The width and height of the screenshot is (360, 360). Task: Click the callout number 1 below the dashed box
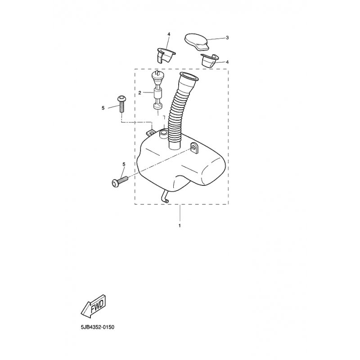click(x=180, y=225)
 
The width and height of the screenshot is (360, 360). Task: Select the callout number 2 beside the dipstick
click(x=139, y=93)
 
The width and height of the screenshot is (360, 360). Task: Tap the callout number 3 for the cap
click(x=227, y=38)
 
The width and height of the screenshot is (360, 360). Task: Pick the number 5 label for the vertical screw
click(x=103, y=108)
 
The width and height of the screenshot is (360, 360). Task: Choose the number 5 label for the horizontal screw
click(x=124, y=164)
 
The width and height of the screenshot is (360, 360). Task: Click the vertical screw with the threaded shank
click(x=121, y=104)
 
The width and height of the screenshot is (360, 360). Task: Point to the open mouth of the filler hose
click(x=189, y=76)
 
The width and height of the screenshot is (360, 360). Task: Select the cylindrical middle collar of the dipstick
click(x=158, y=94)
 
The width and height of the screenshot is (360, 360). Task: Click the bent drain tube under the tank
click(x=165, y=197)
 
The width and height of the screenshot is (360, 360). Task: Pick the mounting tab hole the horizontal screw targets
click(x=193, y=147)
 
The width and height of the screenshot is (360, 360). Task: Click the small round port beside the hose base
click(x=163, y=133)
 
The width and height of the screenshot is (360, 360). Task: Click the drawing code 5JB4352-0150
click(x=97, y=327)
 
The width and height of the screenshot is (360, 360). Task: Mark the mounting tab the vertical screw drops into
click(x=151, y=132)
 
